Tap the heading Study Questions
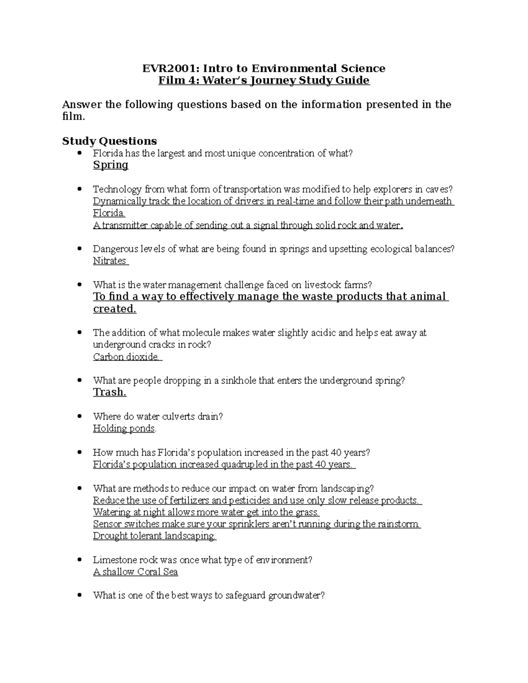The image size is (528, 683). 110,141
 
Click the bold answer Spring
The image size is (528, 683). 110,165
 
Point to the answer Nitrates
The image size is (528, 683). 110,261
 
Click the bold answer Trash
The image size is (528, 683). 110,392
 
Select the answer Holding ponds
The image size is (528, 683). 124,428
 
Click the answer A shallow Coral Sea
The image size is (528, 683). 136,572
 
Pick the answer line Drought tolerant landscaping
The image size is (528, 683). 154,536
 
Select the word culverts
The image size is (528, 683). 177,416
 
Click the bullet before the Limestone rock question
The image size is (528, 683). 79,560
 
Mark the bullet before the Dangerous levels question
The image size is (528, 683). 79,248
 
